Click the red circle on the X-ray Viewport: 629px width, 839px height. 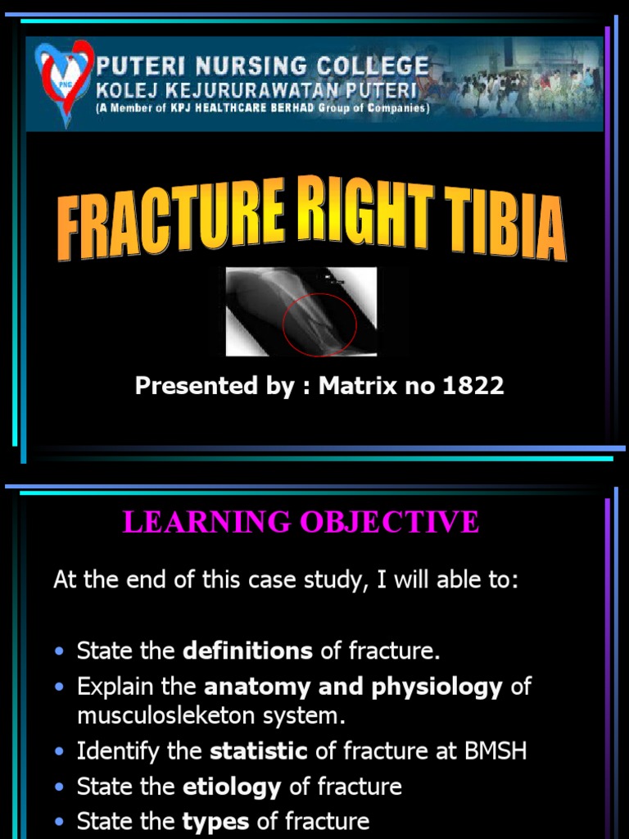[319, 324]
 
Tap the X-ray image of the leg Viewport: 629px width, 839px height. [301, 311]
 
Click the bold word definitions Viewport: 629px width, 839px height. [247, 651]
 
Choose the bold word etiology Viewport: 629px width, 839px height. [231, 787]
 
